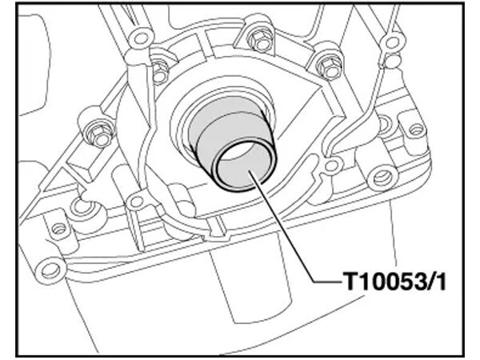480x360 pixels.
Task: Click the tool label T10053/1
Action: pos(394,282)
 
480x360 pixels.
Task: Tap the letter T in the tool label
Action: pos(350,282)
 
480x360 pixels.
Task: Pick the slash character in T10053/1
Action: pos(429,282)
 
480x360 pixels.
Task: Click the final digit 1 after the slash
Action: pos(440,282)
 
